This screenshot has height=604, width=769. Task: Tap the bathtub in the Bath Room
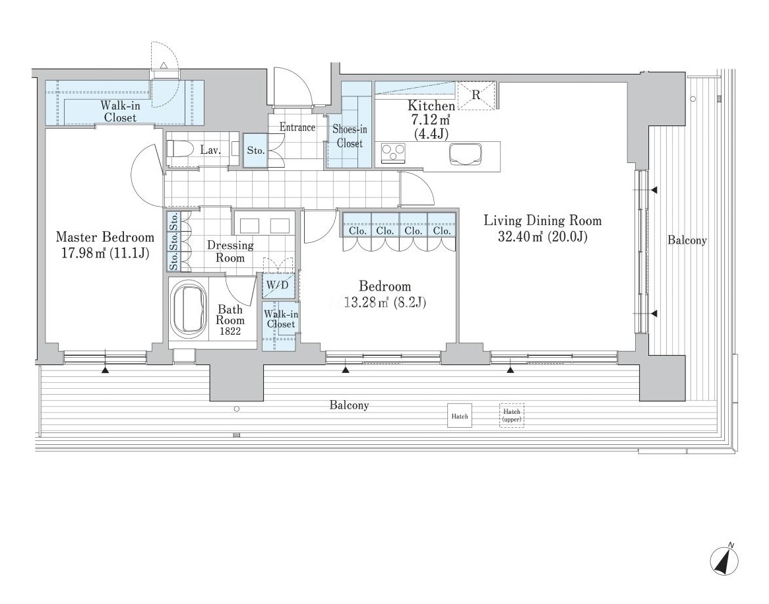[x=189, y=309]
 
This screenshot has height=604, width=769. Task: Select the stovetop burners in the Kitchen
[x=393, y=152]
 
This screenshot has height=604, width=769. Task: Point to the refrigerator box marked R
[x=476, y=95]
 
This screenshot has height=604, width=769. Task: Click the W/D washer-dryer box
[x=278, y=285]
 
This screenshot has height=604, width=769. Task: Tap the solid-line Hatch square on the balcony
[x=460, y=416]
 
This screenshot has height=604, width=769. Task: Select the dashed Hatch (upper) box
[x=512, y=415]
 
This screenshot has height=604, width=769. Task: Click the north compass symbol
[x=725, y=560]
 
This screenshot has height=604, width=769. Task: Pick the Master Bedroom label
[x=105, y=237]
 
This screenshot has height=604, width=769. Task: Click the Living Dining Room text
[x=542, y=220]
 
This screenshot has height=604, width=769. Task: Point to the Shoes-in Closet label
[x=350, y=136]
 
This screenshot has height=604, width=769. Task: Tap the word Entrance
[x=297, y=127]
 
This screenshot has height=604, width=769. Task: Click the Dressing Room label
[x=230, y=251]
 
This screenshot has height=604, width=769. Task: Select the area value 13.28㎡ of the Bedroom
[x=367, y=302]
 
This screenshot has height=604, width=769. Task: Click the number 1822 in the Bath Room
[x=230, y=331]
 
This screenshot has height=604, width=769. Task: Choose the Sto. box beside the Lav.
[x=255, y=151]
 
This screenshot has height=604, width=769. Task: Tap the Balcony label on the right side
[x=687, y=240]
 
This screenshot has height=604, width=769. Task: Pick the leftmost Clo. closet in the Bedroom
[x=357, y=231]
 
